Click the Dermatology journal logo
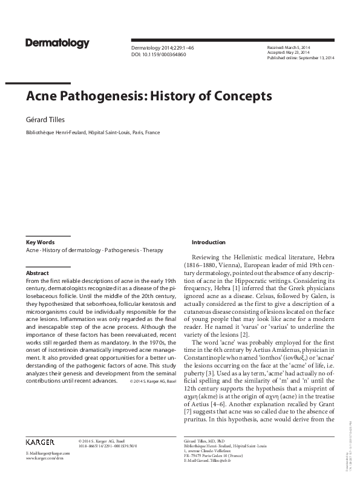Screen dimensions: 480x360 point(57,44)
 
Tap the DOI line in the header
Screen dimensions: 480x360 point(159,54)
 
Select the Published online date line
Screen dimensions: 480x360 point(300,57)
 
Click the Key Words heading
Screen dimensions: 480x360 point(40,242)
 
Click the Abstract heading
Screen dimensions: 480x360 point(38,273)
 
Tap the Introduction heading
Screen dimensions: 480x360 point(208,242)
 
